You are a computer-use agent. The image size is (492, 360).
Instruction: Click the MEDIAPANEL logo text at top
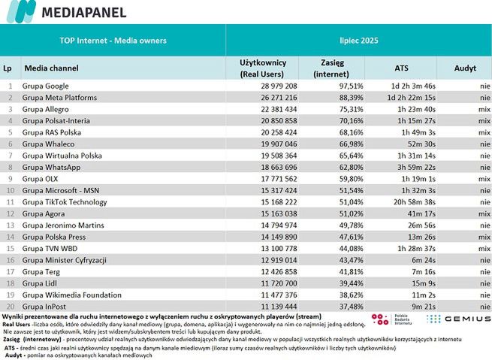pos(83,13)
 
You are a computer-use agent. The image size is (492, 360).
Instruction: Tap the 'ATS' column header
pos(401,68)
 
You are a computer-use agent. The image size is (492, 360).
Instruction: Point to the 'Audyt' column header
pos(465,68)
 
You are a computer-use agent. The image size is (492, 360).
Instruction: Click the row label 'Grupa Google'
pos(46,86)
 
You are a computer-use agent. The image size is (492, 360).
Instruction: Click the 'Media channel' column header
pos(53,68)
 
